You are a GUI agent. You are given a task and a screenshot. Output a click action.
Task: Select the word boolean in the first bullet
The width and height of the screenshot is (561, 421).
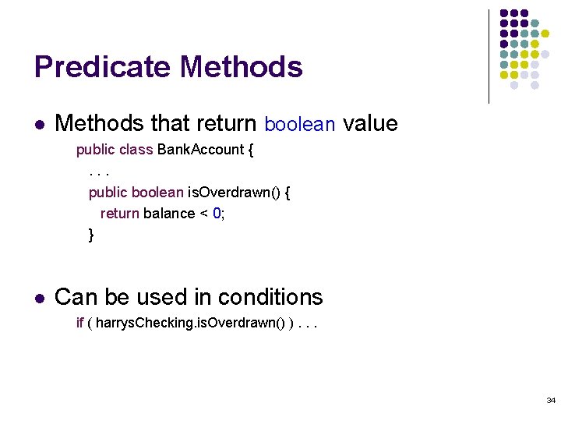[x=300, y=124]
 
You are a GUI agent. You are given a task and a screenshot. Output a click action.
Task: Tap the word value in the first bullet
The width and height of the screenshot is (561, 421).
[x=370, y=123]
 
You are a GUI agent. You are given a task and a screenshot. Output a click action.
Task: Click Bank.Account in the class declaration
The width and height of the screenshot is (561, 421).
[x=200, y=150]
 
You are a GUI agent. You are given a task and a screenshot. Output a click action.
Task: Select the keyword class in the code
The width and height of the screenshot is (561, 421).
[x=136, y=150]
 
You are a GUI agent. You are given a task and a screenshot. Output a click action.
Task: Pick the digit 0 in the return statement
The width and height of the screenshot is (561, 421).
[x=217, y=214]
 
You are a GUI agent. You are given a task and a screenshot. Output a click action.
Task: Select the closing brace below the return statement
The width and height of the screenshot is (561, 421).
[x=91, y=234]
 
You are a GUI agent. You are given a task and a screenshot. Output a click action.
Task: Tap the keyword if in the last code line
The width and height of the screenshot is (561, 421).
[x=79, y=323]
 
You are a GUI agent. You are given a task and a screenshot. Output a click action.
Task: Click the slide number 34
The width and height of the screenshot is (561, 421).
[x=550, y=400]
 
